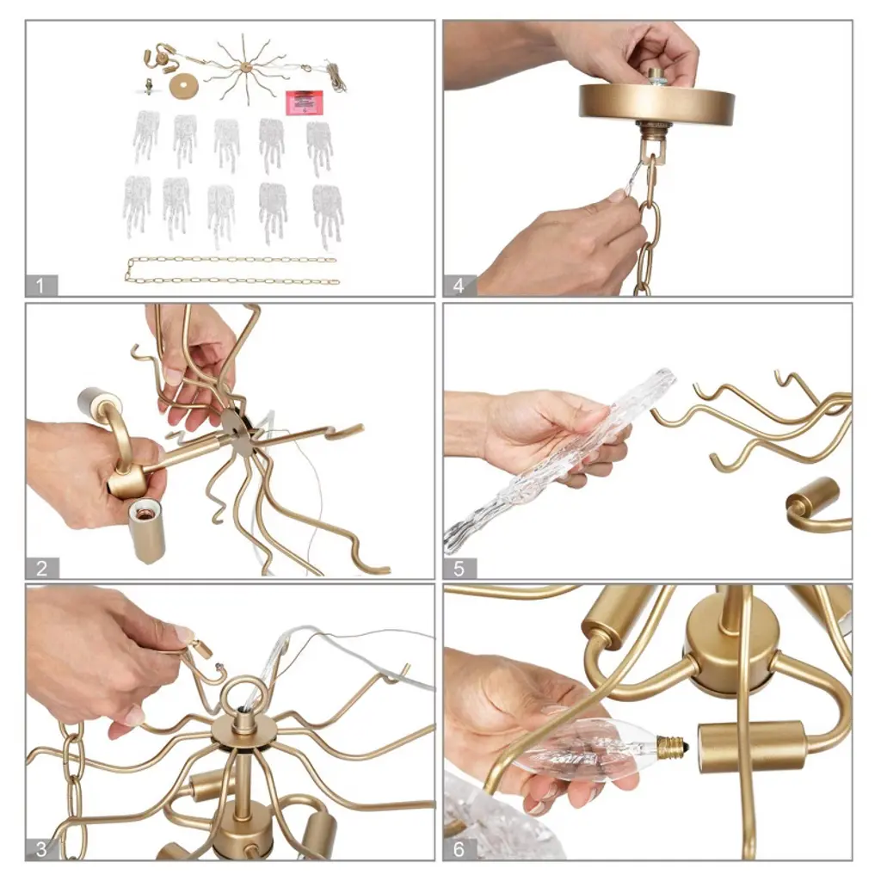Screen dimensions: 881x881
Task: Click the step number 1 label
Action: (x=41, y=286)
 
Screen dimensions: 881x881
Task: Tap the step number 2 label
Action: (x=41, y=568)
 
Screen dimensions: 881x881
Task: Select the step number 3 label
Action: (x=41, y=849)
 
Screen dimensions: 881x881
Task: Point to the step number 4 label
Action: (x=459, y=286)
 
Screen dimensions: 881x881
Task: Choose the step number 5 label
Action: (x=459, y=568)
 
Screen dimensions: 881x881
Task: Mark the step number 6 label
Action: (x=459, y=849)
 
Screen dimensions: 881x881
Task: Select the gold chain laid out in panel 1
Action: (x=231, y=270)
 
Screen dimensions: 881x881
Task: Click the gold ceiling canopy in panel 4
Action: (x=656, y=103)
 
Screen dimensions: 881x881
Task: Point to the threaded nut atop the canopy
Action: (x=655, y=77)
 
